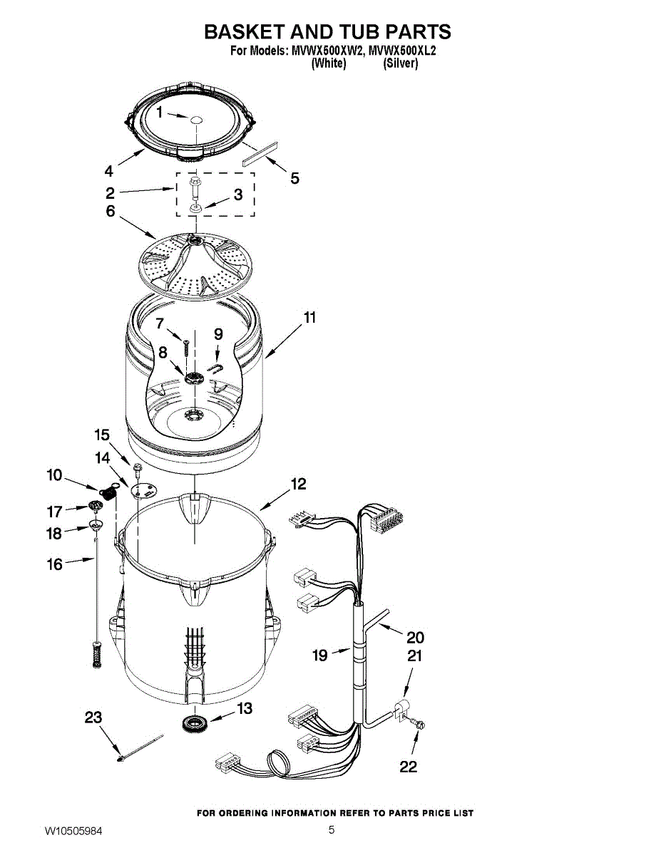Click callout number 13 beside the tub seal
pos(245,708)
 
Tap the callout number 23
pos(93,717)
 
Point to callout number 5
pos(294,178)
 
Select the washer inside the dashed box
pos(195,209)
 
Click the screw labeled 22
pos(419,725)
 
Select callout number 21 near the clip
pos(414,655)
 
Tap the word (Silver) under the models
pos(400,63)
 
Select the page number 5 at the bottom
pos(332,829)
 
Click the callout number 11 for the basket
pos(309,318)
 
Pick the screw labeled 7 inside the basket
pos(185,348)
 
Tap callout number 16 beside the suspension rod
pos(55,564)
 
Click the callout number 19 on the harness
pos(320,654)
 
